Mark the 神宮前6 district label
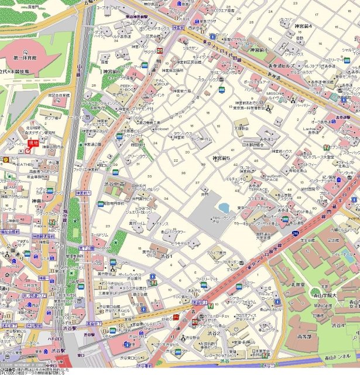[111, 71]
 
